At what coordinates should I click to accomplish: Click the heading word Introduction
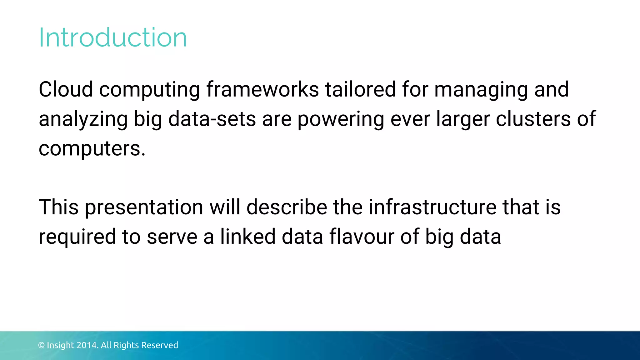[x=112, y=37]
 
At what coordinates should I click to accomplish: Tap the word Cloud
[x=66, y=89]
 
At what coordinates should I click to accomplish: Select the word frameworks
[x=262, y=89]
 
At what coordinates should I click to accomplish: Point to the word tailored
[x=360, y=89]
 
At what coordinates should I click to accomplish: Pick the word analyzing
[x=83, y=120]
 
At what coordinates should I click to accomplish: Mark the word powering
[x=341, y=120]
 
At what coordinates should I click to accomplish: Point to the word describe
[x=287, y=207]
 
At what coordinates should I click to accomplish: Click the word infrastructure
[x=432, y=207]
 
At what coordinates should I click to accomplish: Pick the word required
[x=77, y=237]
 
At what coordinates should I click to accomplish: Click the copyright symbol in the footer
[x=41, y=345]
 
